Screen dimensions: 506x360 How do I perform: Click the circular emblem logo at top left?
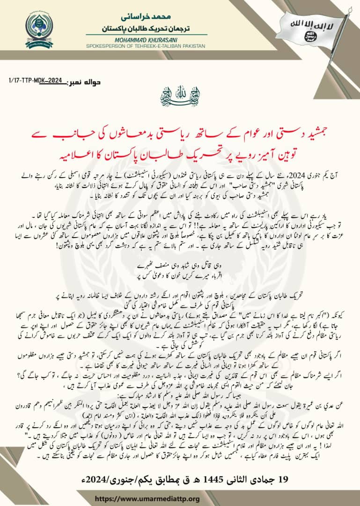39,30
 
